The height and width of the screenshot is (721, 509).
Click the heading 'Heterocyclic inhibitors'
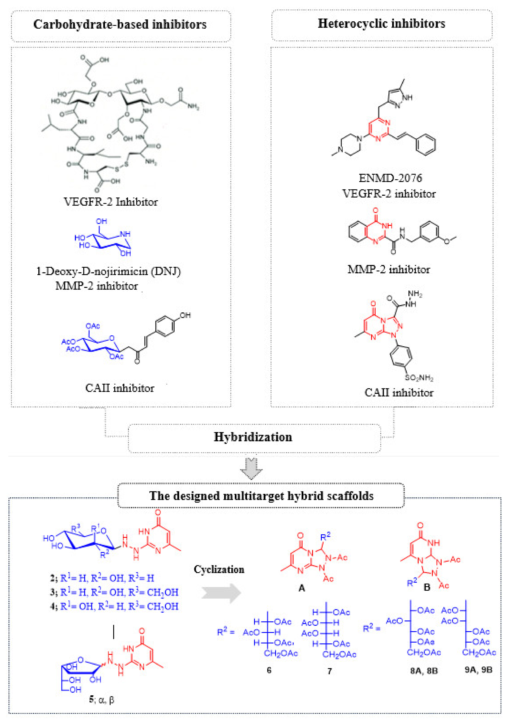click(x=381, y=24)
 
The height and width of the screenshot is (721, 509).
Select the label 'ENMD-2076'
click(x=390, y=178)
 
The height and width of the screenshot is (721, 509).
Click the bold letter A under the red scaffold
click(x=301, y=588)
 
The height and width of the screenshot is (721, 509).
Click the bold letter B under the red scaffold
click(x=427, y=587)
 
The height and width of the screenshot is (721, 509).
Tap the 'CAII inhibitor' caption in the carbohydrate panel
click(x=120, y=388)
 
